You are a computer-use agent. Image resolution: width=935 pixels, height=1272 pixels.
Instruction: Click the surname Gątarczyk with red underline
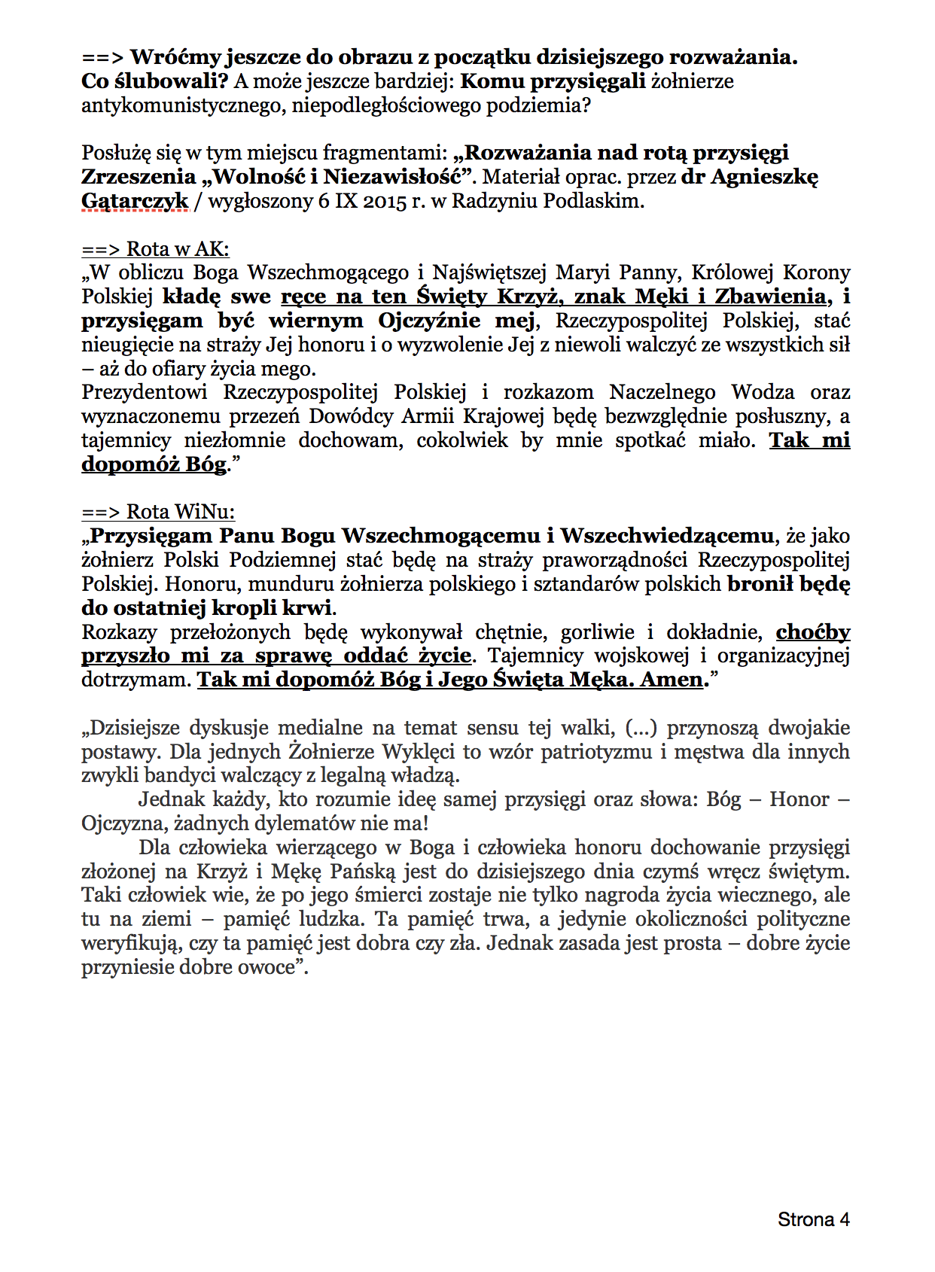[x=135, y=201]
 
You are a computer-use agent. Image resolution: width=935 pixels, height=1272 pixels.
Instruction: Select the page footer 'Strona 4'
[x=813, y=1219]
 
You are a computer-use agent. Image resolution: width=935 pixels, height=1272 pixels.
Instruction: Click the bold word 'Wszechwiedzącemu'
[x=667, y=536]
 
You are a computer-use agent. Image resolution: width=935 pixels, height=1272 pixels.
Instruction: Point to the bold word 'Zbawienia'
[x=769, y=297]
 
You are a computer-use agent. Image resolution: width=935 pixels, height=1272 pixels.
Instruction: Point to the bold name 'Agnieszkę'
[x=764, y=177]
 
